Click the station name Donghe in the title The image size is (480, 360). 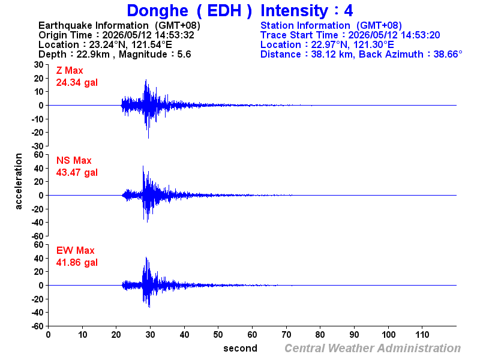point(157,11)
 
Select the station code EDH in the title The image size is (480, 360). point(224,11)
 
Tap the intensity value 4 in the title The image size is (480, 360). point(349,11)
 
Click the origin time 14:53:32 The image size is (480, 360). point(175,35)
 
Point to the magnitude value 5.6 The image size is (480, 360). point(184,54)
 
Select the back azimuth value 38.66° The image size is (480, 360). point(448,54)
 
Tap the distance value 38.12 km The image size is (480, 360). point(331,54)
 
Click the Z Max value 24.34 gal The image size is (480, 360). point(77,82)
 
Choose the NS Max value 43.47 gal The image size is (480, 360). point(77,172)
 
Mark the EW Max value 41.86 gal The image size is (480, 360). point(77,262)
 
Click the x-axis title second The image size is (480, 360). point(241,349)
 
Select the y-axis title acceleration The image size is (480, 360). point(19,181)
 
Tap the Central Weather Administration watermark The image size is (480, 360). point(373,349)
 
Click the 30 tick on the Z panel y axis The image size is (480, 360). point(38,65)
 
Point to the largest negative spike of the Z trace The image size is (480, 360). point(148,138)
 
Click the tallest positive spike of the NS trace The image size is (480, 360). point(143,167)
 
